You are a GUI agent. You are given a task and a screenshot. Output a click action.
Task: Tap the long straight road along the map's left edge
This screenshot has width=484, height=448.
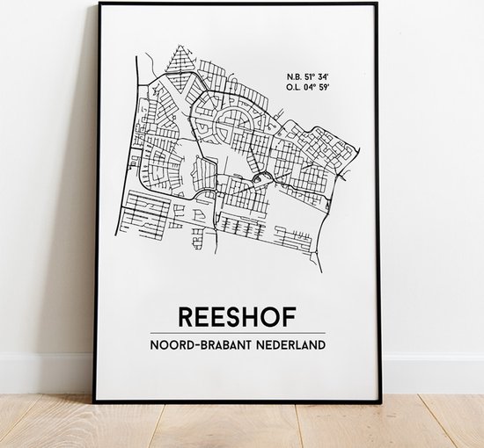pos(137,149)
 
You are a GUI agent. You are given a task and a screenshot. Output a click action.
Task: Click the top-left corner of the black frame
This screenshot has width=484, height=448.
pos(96,4)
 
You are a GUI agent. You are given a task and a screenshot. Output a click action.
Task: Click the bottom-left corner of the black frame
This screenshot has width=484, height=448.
pos(96,401)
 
